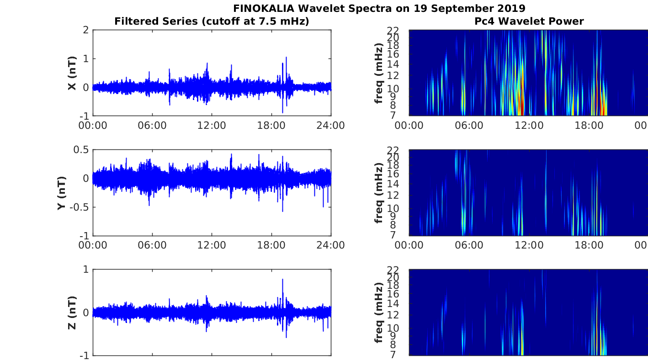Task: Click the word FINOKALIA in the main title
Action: pyautogui.click(x=264, y=8)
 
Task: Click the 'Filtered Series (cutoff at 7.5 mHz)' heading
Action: pyautogui.click(x=212, y=21)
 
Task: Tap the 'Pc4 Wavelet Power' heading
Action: pyautogui.click(x=529, y=21)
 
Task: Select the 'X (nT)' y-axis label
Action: pyautogui.click(x=72, y=73)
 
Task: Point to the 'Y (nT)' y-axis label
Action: pyautogui.click(x=62, y=193)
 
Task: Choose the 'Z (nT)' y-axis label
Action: pyautogui.click(x=72, y=313)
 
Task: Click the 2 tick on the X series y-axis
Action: pyautogui.click(x=86, y=30)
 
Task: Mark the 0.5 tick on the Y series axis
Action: pyautogui.click(x=81, y=150)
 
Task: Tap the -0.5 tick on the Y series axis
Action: pyautogui.click(x=79, y=207)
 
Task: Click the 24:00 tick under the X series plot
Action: pyautogui.click(x=331, y=126)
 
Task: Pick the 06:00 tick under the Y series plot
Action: pyautogui.click(x=152, y=245)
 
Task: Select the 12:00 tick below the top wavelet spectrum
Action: pyautogui.click(x=529, y=126)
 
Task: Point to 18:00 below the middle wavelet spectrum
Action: pyautogui.click(x=589, y=245)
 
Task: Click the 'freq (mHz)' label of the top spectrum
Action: pyautogui.click(x=378, y=73)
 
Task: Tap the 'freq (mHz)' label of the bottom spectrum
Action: pyautogui.click(x=378, y=312)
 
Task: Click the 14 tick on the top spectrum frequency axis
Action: pyautogui.click(x=393, y=64)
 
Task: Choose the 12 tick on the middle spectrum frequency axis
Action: pyautogui.click(x=393, y=195)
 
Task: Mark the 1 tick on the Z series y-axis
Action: pyautogui.click(x=86, y=270)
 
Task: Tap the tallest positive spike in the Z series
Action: pyautogui.click(x=282, y=279)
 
